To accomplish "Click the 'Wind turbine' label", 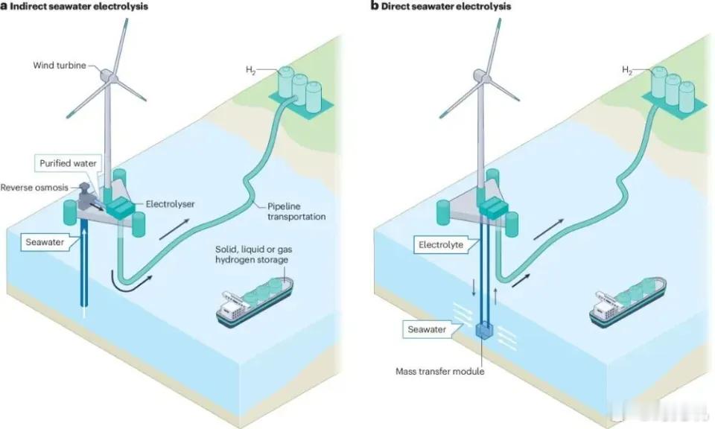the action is click(x=60, y=66).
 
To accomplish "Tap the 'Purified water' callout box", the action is click(x=68, y=163).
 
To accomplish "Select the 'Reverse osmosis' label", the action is click(x=34, y=188).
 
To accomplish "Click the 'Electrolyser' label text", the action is click(x=170, y=204).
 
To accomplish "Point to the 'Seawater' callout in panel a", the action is click(x=45, y=242).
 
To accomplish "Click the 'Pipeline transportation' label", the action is click(x=296, y=212).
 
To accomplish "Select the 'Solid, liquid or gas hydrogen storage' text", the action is click(x=253, y=255).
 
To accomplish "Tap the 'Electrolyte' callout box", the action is click(x=441, y=245).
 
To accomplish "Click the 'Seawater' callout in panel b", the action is click(x=427, y=329).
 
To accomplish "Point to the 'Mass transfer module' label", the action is click(x=439, y=371).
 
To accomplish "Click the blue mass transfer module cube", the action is click(x=484, y=331).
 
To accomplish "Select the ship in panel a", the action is click(x=255, y=302).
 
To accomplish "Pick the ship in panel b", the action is click(x=627, y=302).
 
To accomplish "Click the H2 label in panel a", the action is click(x=251, y=70).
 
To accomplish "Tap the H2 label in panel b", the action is click(x=627, y=70).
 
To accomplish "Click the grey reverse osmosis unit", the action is click(x=85, y=197).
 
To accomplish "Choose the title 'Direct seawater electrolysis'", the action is click(x=441, y=6).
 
